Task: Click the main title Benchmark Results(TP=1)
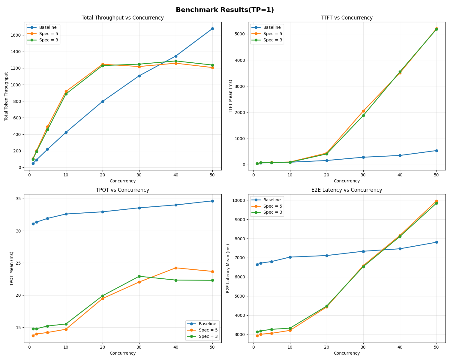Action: (225, 10)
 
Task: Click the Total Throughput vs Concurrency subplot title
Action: (123, 18)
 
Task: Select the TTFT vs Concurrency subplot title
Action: (346, 18)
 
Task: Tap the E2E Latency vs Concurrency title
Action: (346, 190)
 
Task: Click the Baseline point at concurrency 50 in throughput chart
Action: (212, 28)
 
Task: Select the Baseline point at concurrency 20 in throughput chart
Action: (103, 101)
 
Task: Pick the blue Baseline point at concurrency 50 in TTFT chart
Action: (436, 151)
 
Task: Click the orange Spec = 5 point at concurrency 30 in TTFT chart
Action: (363, 111)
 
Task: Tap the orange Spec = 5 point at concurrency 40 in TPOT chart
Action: (176, 268)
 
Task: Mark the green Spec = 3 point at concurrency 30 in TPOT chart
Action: (139, 276)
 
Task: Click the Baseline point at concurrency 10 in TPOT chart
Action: (66, 214)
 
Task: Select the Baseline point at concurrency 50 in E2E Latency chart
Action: (436, 242)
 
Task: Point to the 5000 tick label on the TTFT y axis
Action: (241, 34)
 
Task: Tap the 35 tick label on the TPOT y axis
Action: (18, 199)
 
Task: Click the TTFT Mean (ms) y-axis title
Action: (231, 96)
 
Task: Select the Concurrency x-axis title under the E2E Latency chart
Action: (346, 353)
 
